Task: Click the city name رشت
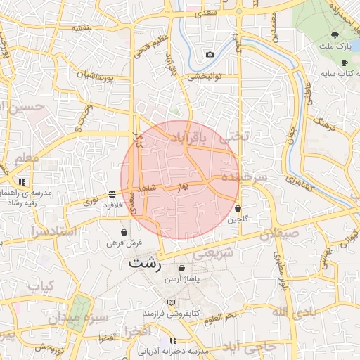[x=145, y=264]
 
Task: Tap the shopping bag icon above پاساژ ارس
[x=183, y=268]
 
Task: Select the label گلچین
[x=238, y=219]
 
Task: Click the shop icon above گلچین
[x=239, y=209]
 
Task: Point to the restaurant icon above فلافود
[x=112, y=194]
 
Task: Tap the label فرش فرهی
[x=124, y=243]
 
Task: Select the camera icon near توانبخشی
[x=210, y=54]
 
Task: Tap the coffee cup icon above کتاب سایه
[x=345, y=63]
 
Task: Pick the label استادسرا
[x=48, y=232]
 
